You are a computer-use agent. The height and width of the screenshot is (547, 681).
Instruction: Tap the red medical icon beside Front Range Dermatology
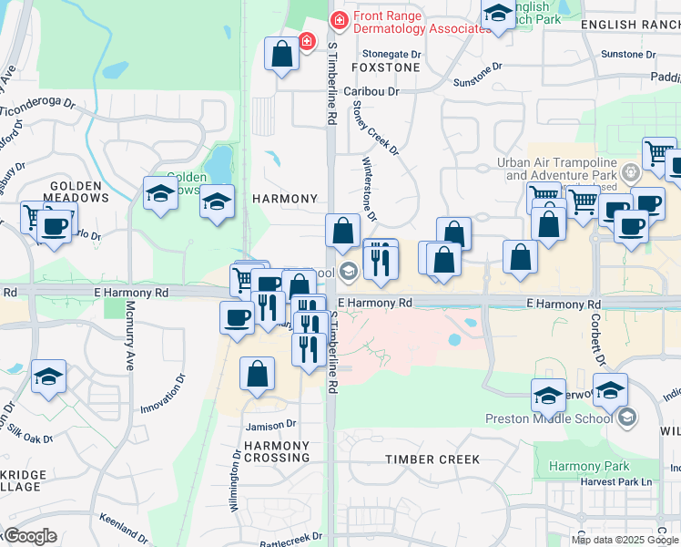click(x=339, y=19)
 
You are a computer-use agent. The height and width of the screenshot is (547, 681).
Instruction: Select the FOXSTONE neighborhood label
click(x=386, y=67)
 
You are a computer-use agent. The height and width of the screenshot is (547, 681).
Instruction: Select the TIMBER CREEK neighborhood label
click(x=432, y=459)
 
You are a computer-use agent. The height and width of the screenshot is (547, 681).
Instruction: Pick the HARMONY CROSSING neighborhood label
click(x=277, y=451)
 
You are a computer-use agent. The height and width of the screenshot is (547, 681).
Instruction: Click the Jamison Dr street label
click(x=270, y=425)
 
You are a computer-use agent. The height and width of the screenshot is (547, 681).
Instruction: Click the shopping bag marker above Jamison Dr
click(x=258, y=374)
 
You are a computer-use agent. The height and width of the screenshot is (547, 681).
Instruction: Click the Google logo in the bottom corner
click(x=30, y=536)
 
